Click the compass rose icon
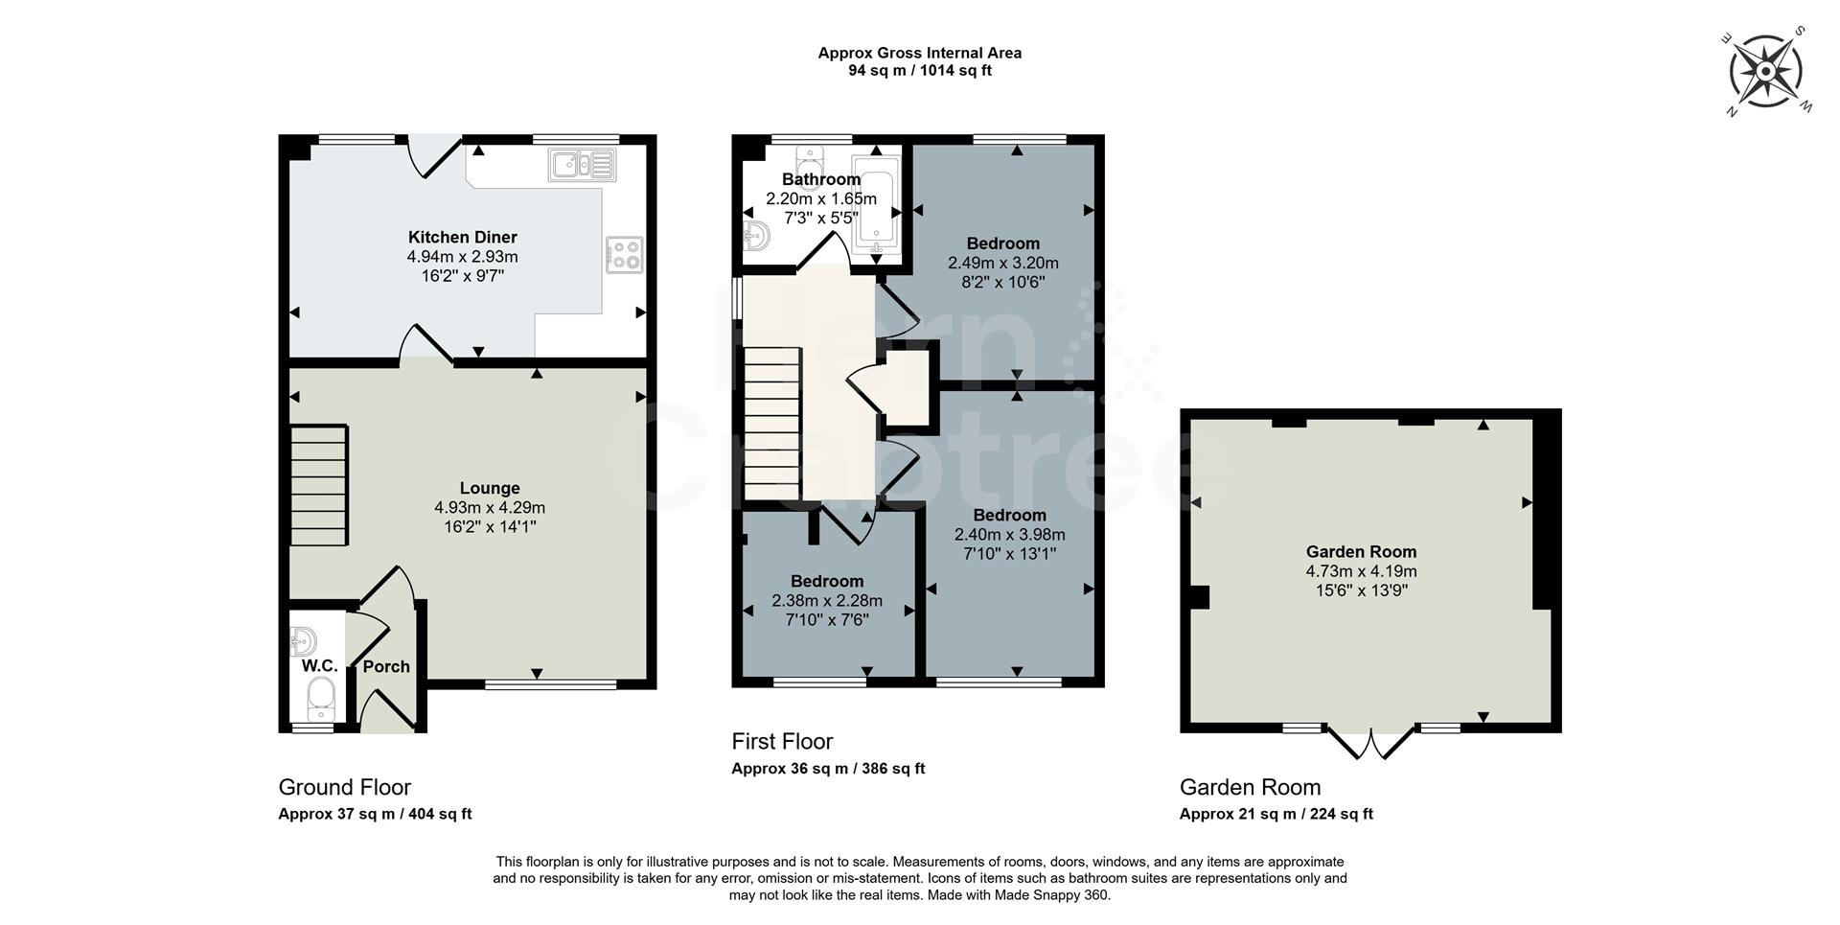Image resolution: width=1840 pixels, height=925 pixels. [1766, 71]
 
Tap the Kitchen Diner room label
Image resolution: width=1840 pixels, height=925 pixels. [462, 238]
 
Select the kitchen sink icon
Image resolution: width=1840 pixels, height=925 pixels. [582, 164]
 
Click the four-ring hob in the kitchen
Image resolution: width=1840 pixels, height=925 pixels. [624, 254]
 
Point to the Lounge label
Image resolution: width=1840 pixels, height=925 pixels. [489, 489]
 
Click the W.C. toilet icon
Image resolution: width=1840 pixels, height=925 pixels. [320, 698]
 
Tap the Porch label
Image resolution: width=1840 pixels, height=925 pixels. [386, 667]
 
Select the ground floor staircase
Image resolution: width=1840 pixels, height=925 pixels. [318, 485]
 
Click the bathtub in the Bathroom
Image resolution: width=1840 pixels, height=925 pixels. [876, 206]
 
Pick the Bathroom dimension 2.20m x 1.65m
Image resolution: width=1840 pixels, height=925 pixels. [820, 199]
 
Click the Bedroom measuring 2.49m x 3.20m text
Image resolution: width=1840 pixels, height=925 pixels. [1002, 263]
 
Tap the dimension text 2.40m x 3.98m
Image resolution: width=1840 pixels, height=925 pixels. [1009, 535]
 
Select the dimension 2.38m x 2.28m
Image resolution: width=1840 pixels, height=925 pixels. [826, 601]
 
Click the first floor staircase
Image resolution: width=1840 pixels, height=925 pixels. [771, 423]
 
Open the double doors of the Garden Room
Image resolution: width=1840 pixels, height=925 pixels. [1371, 743]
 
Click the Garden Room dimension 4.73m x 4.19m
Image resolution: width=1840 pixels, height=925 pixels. [1361, 571]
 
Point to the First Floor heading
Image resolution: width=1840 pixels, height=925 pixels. [782, 741]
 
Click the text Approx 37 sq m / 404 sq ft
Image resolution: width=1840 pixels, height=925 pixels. [375, 814]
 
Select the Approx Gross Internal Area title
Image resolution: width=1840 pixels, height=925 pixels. [919, 54]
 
